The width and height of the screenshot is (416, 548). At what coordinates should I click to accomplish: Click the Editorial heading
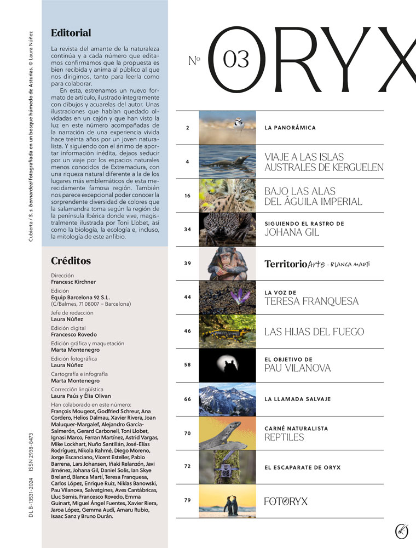click(71, 33)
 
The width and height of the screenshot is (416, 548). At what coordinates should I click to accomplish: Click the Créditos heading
click(71, 261)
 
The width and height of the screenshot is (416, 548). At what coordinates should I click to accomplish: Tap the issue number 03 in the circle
click(236, 59)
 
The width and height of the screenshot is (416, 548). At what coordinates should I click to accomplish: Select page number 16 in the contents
click(187, 196)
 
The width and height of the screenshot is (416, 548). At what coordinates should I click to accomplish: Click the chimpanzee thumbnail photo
click(227, 264)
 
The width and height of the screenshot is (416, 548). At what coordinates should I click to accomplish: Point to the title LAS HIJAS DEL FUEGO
click(314, 332)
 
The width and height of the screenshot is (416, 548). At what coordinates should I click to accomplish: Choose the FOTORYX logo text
click(286, 501)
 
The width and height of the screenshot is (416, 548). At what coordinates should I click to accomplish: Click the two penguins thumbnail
click(227, 501)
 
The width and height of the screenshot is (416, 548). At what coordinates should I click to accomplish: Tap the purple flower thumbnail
click(227, 298)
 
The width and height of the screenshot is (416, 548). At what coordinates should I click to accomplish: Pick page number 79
click(187, 500)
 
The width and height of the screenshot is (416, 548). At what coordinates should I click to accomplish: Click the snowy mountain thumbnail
click(227, 399)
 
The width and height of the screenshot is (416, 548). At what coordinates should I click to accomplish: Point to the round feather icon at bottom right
click(402, 530)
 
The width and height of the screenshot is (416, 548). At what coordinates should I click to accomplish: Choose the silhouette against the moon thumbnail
click(227, 365)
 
